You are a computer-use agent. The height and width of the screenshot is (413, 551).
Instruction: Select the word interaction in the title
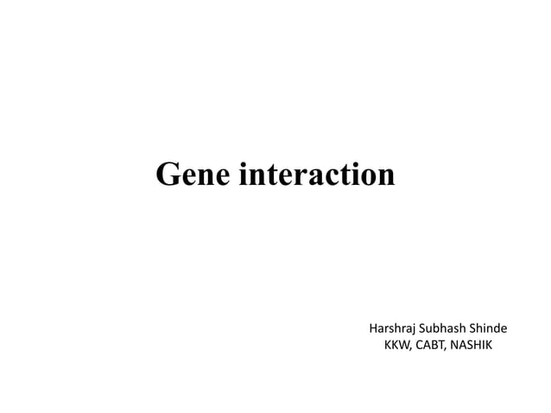(317, 175)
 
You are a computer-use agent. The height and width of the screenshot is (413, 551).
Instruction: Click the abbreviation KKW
(396, 346)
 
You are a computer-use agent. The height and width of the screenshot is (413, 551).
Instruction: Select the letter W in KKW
(403, 346)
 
